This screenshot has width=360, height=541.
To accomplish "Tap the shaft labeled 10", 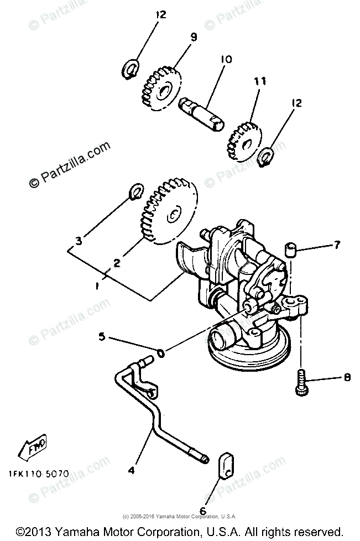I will coord(202,113).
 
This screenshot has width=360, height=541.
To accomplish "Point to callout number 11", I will coord(260,81).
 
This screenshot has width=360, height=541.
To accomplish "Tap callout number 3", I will coord(79,241).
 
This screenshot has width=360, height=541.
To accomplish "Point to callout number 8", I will coord(347,378).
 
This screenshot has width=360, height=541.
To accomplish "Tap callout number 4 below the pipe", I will coord(131,471).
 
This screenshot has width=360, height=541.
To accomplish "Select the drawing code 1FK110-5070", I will coord(38,474).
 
